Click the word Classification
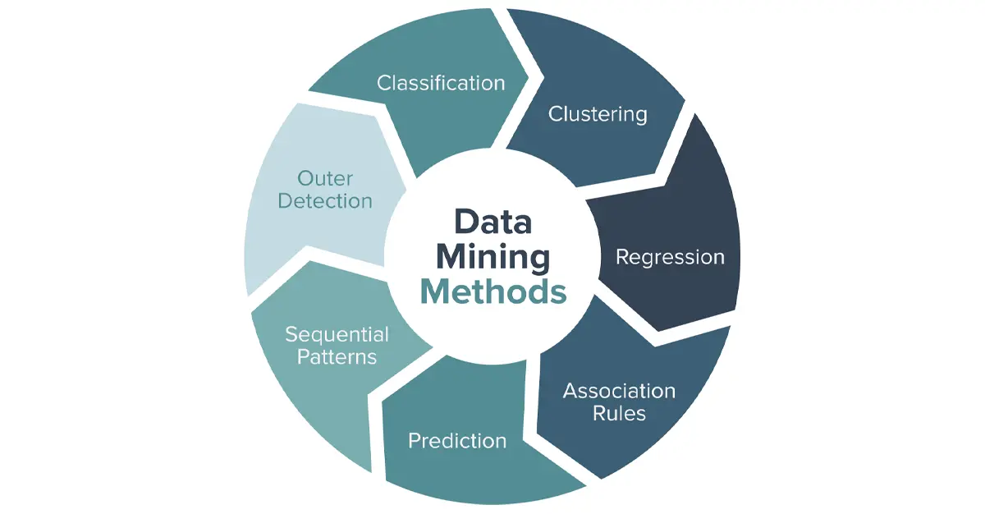(441, 83)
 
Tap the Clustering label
(598, 114)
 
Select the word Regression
(670, 258)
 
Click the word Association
(619, 391)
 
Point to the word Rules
(619, 413)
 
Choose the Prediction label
(457, 441)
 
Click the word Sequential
(337, 335)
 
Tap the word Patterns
(337, 356)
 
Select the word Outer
(325, 178)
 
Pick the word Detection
(325, 201)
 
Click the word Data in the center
(493, 222)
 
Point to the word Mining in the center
(493, 257)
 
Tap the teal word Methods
(493, 292)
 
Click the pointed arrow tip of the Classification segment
(528, 78)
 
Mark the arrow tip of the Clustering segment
(685, 101)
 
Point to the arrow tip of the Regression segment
(658, 330)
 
